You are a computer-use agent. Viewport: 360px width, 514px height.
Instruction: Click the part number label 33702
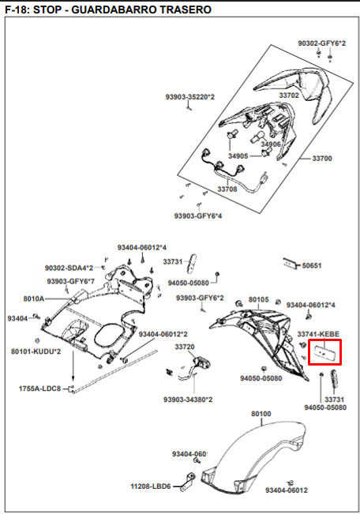[x=289, y=95]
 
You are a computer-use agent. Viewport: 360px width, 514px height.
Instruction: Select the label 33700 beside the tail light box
[x=322, y=159]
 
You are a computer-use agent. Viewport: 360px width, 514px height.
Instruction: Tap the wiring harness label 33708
[x=227, y=189]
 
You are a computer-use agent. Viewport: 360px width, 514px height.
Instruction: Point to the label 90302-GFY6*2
[x=321, y=43]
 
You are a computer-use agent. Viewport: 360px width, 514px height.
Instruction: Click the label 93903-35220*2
[x=189, y=97]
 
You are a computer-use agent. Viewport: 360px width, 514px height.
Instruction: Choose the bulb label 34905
[x=238, y=156]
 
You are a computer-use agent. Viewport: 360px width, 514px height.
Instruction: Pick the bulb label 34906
[x=271, y=144]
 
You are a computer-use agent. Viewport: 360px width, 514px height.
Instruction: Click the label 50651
[x=312, y=265]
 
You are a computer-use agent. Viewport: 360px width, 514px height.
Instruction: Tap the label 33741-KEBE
[x=318, y=334]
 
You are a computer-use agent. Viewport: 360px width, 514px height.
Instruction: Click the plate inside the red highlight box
[x=324, y=352]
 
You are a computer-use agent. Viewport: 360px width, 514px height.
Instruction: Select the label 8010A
[x=33, y=298]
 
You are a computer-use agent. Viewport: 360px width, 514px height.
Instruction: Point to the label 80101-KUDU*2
[x=36, y=351]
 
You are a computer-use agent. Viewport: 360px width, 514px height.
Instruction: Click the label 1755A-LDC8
[x=39, y=388]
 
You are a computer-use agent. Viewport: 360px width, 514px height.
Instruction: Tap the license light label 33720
[x=185, y=347]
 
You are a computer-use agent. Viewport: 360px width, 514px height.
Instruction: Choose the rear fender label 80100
[x=261, y=414]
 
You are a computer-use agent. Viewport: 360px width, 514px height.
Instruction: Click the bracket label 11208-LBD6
[x=151, y=486]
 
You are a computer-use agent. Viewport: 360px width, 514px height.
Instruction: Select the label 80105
[x=258, y=299]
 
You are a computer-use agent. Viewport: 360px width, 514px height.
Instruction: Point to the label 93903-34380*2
[x=188, y=400]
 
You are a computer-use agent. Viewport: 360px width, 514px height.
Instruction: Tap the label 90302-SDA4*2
[x=69, y=268]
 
